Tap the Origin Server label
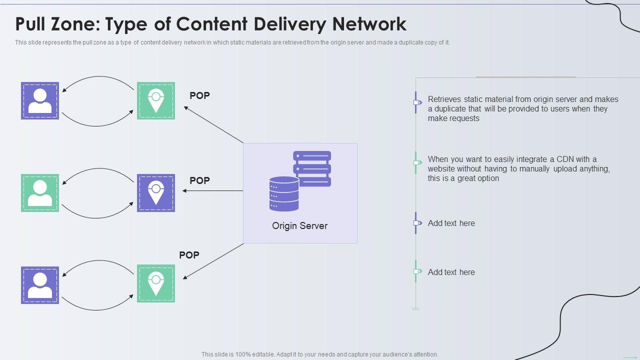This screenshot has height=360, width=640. [x=299, y=226]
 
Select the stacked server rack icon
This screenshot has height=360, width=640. [x=312, y=168]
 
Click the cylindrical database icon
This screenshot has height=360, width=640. [x=284, y=193]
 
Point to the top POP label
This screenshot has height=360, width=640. [x=199, y=95]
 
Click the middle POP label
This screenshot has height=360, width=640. [x=199, y=180]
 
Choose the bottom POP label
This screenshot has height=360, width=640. [x=189, y=255]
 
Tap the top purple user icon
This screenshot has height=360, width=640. [x=40, y=101]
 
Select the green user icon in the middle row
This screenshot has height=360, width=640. [x=40, y=193]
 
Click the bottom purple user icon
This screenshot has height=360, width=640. [x=40, y=285]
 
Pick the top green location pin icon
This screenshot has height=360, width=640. [x=156, y=101]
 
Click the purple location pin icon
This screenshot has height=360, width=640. [x=156, y=193]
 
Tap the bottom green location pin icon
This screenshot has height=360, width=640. [x=156, y=283]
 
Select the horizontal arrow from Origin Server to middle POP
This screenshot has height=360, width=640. [x=212, y=190]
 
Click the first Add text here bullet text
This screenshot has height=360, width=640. [x=451, y=223]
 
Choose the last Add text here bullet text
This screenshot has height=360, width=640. [x=451, y=272]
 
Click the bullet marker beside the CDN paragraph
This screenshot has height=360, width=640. [x=416, y=162]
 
